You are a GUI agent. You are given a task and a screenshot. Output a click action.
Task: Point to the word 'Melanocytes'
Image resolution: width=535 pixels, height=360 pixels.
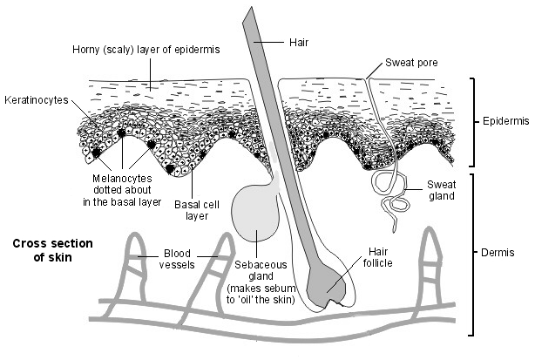(x=122, y=178)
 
